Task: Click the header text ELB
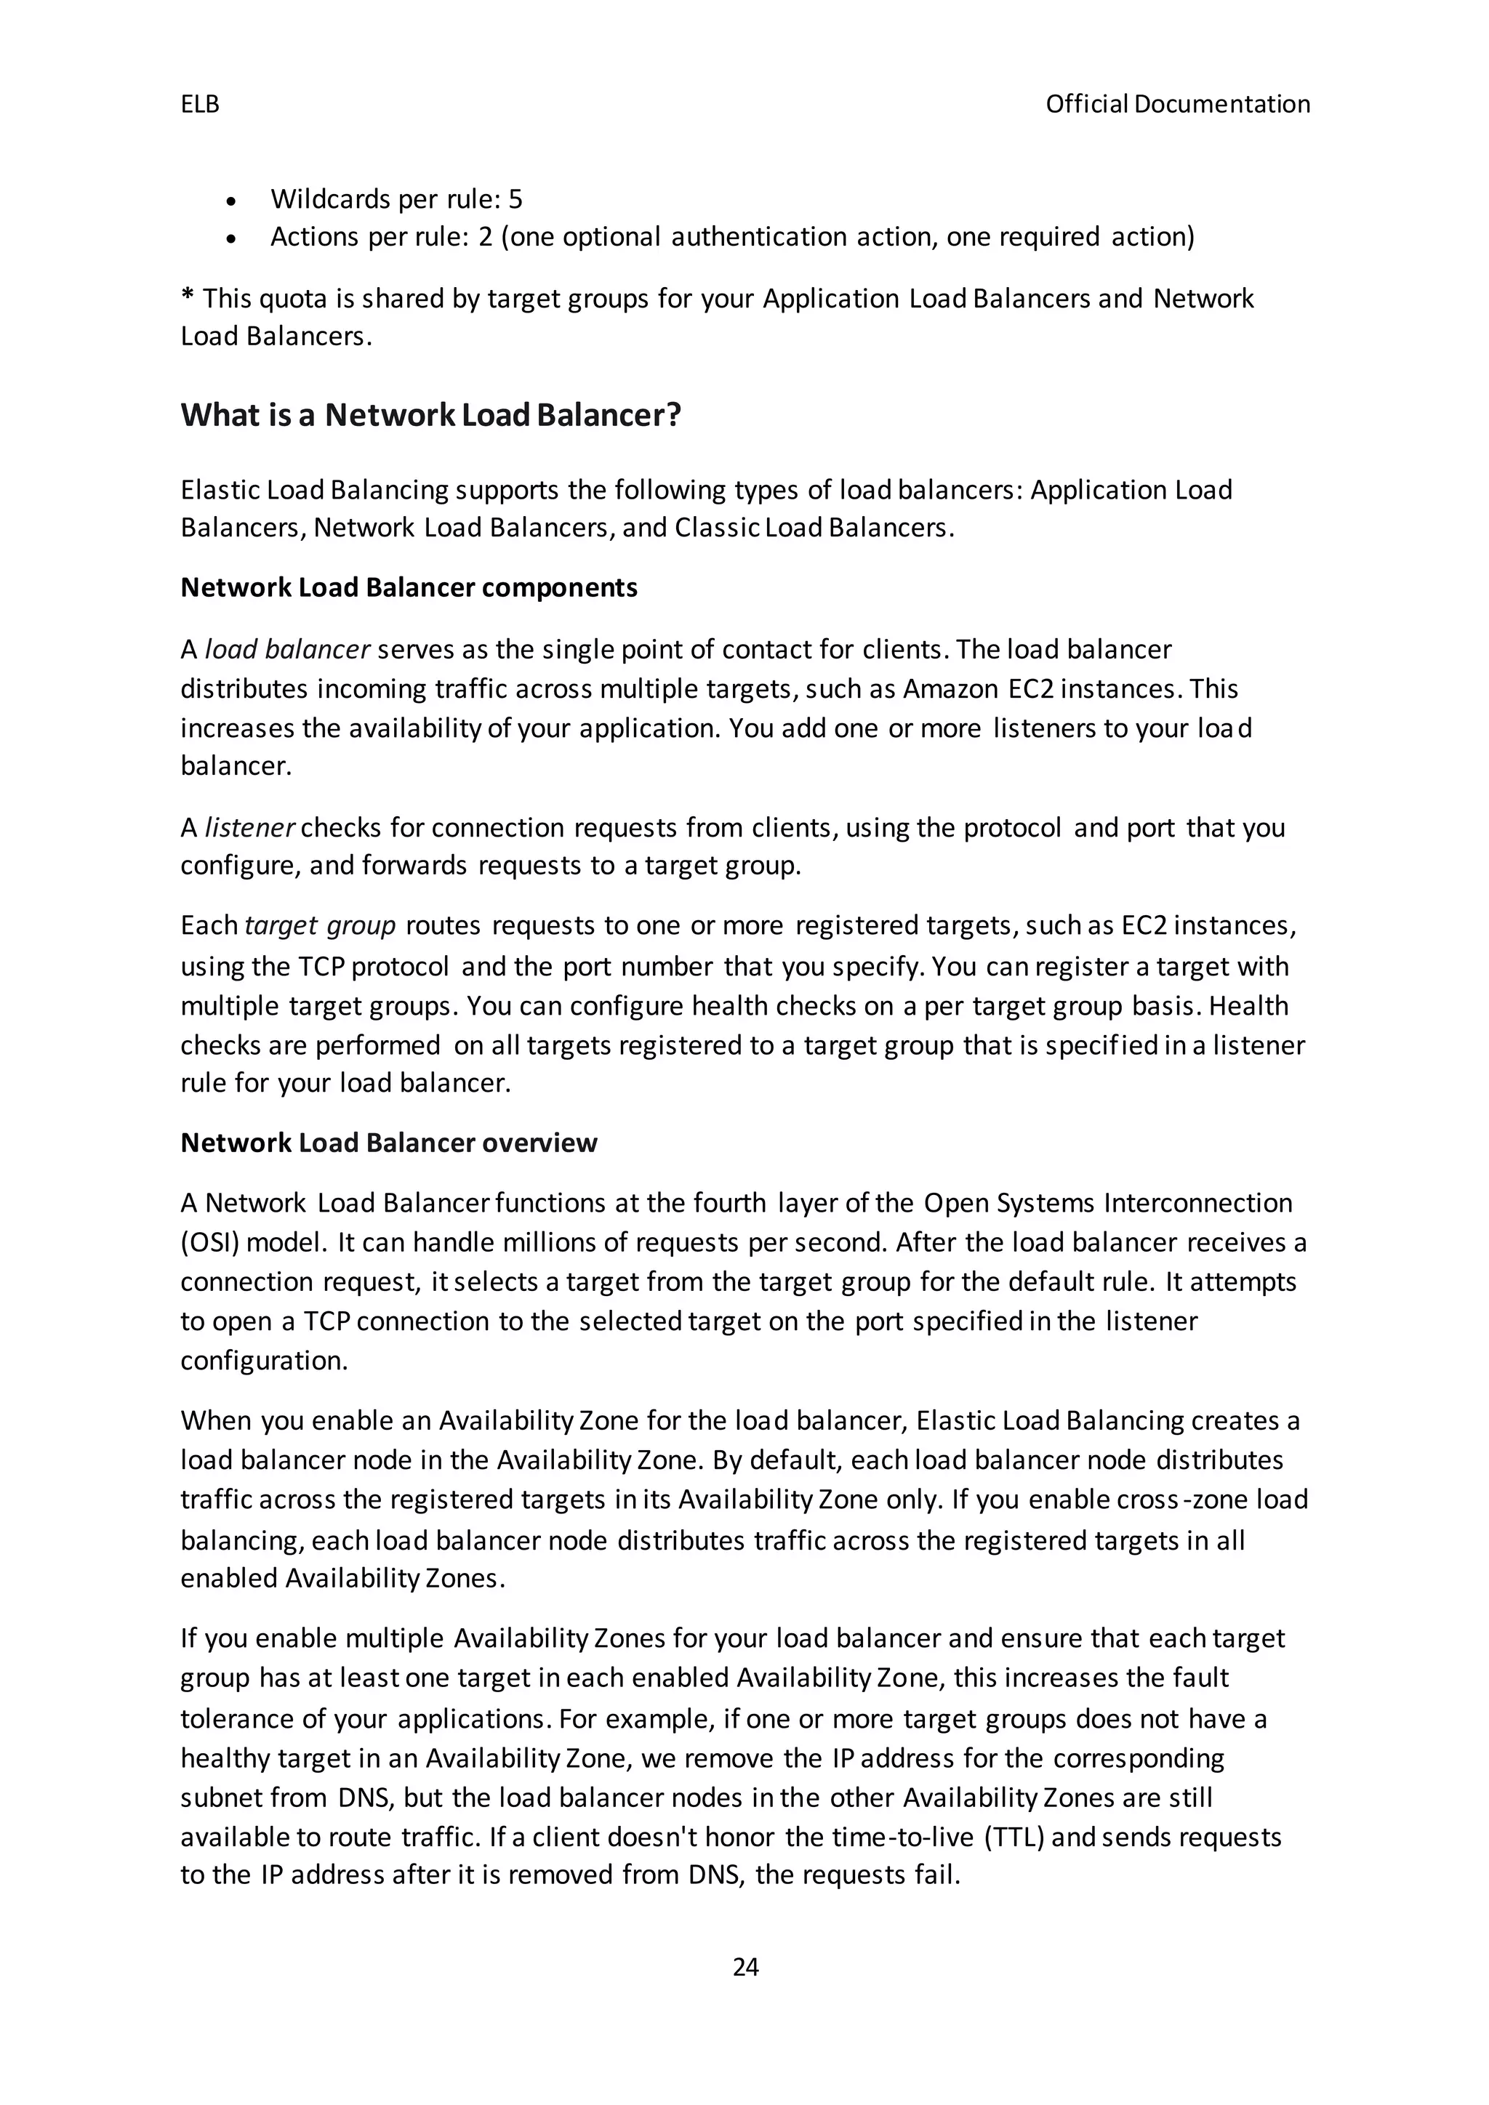[x=200, y=105]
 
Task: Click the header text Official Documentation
[x=1177, y=105]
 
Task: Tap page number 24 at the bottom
[x=745, y=1967]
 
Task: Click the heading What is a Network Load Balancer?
[x=431, y=415]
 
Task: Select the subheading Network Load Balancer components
[x=409, y=588]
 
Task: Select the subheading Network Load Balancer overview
[x=389, y=1143]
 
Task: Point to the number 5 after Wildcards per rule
[x=515, y=199]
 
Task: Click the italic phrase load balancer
[x=287, y=650]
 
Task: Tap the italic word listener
[x=249, y=828]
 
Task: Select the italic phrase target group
[x=320, y=925]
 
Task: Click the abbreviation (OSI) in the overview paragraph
[x=209, y=1242]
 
